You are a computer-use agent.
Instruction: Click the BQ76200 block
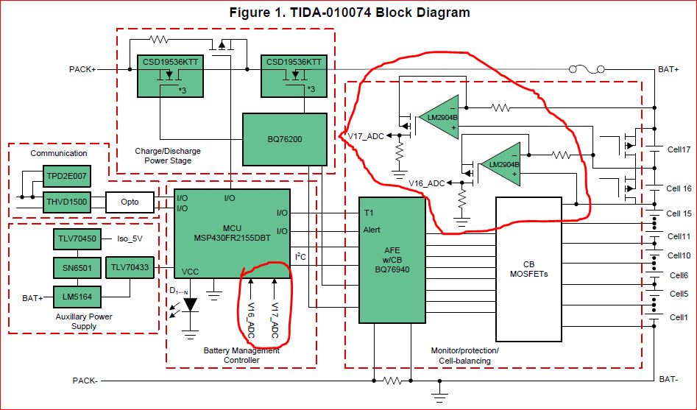tap(284, 138)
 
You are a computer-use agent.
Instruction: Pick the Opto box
tap(131, 202)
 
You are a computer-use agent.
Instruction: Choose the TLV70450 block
tap(76, 239)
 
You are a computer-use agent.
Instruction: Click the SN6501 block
tap(76, 268)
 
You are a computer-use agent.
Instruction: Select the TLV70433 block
tap(131, 268)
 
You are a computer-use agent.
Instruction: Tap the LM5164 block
tap(76, 297)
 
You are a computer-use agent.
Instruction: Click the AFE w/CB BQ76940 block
tap(392, 260)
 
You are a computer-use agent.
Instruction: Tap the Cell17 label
tap(679, 149)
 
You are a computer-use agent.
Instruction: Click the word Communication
tap(59, 153)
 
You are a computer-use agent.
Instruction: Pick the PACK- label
tap(85, 381)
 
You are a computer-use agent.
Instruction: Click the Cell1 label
tap(677, 317)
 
